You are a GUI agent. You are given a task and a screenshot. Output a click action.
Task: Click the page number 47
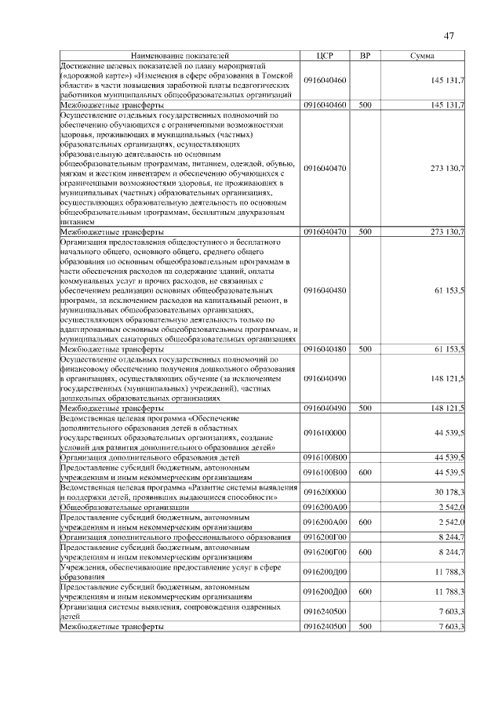click(x=449, y=35)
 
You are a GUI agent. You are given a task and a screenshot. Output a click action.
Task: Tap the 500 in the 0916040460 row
click(x=365, y=104)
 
